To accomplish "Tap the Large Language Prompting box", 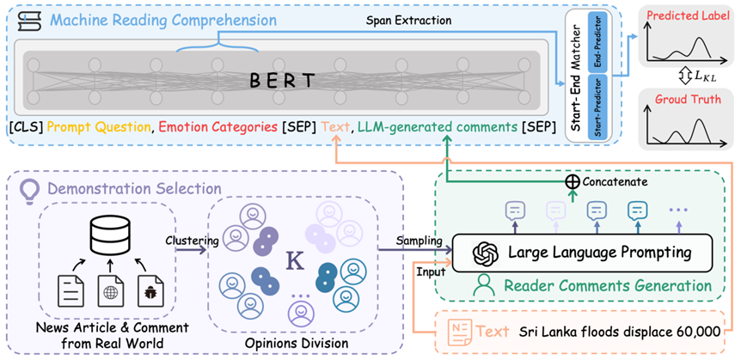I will [585, 252].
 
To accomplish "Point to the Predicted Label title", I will [691, 15].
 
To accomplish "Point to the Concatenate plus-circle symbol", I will [571, 181].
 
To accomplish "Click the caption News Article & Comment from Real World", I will [101, 336].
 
